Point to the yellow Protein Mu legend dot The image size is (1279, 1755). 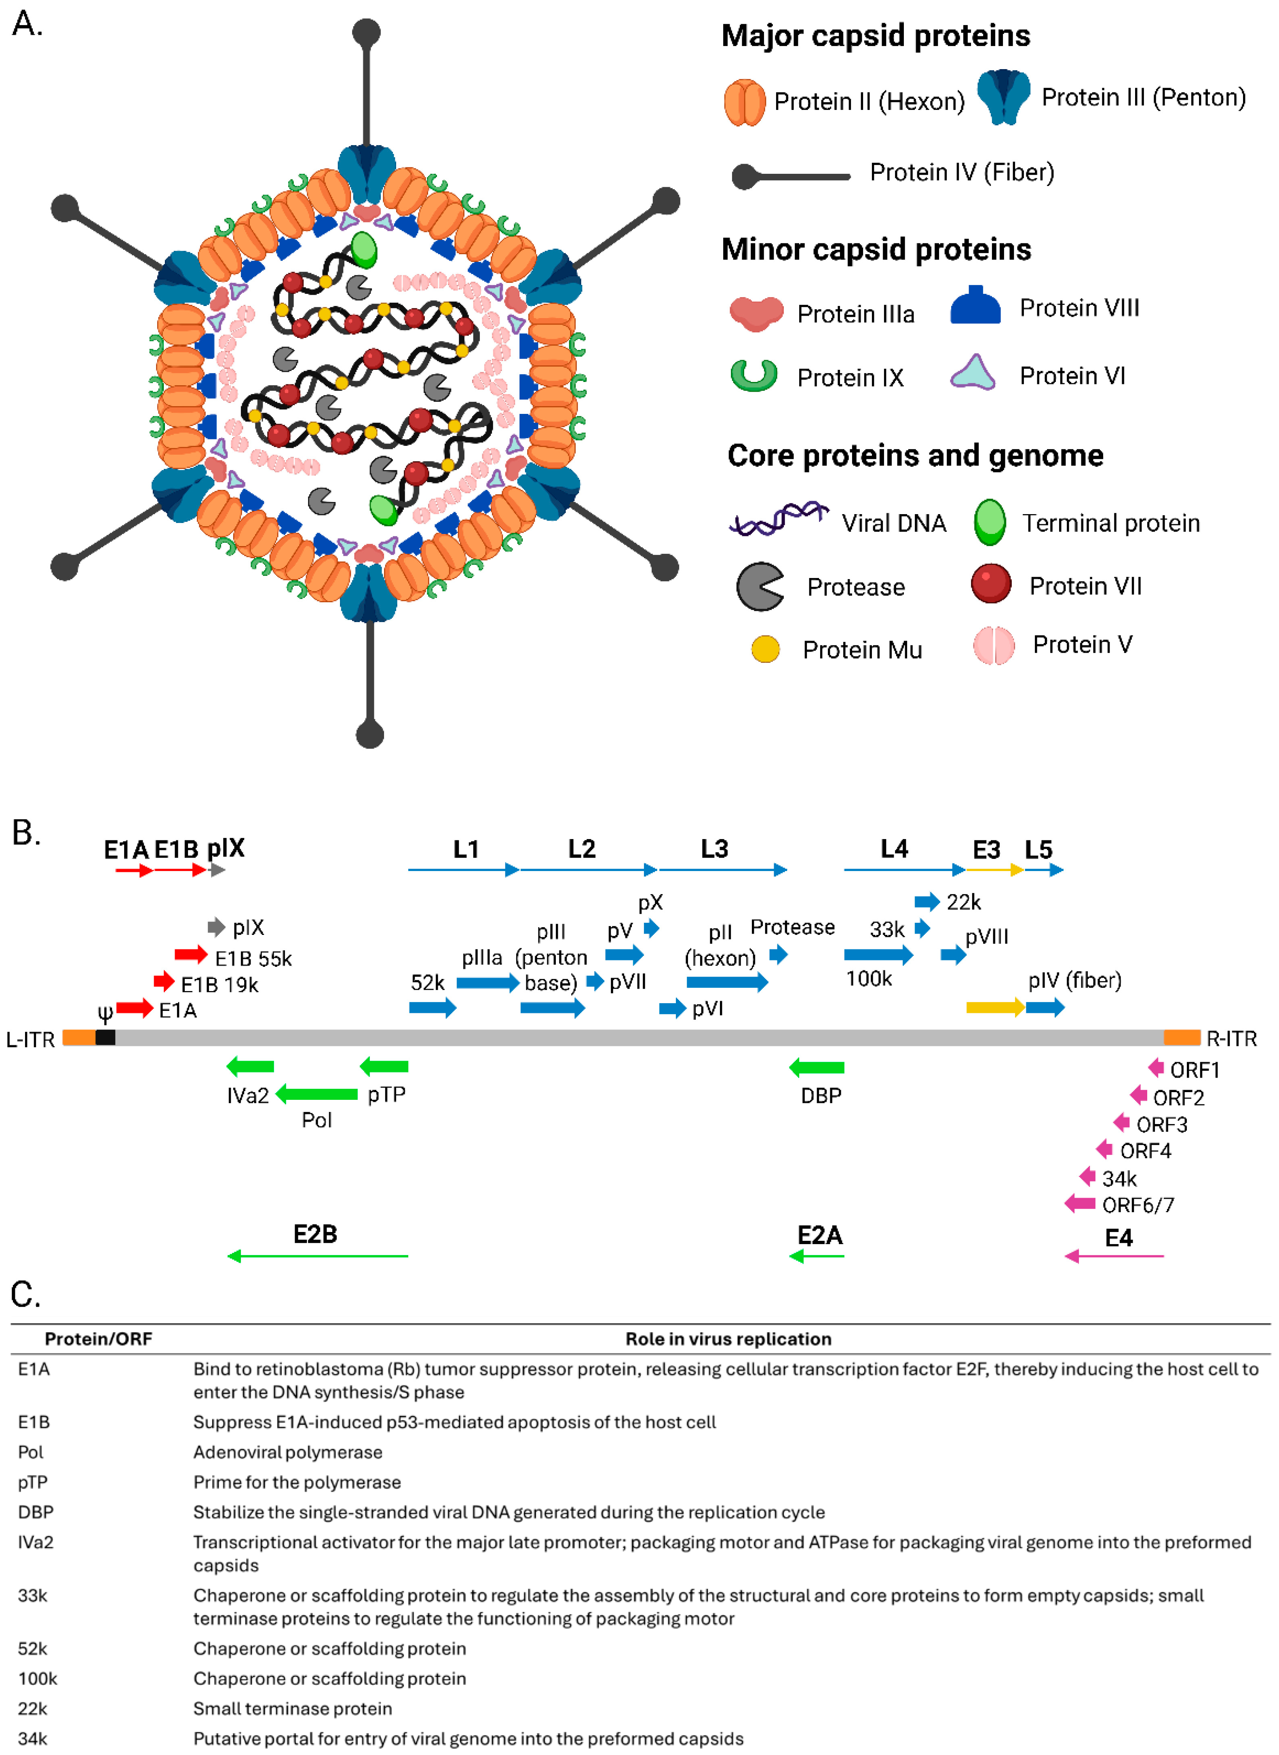pyautogui.click(x=765, y=649)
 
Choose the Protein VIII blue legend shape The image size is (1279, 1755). pyautogui.click(x=975, y=306)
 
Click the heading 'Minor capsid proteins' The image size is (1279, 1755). pyautogui.click(x=876, y=249)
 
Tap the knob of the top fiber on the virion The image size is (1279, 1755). pyautogui.click(x=366, y=32)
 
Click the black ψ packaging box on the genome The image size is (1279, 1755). pyautogui.click(x=105, y=1038)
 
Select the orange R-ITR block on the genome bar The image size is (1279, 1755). pyautogui.click(x=1182, y=1038)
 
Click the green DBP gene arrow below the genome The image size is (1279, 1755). pyautogui.click(x=817, y=1067)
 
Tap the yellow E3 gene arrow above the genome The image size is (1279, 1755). pyautogui.click(x=995, y=1007)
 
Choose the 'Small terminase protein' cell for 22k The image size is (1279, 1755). pyautogui.click(x=293, y=1709)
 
